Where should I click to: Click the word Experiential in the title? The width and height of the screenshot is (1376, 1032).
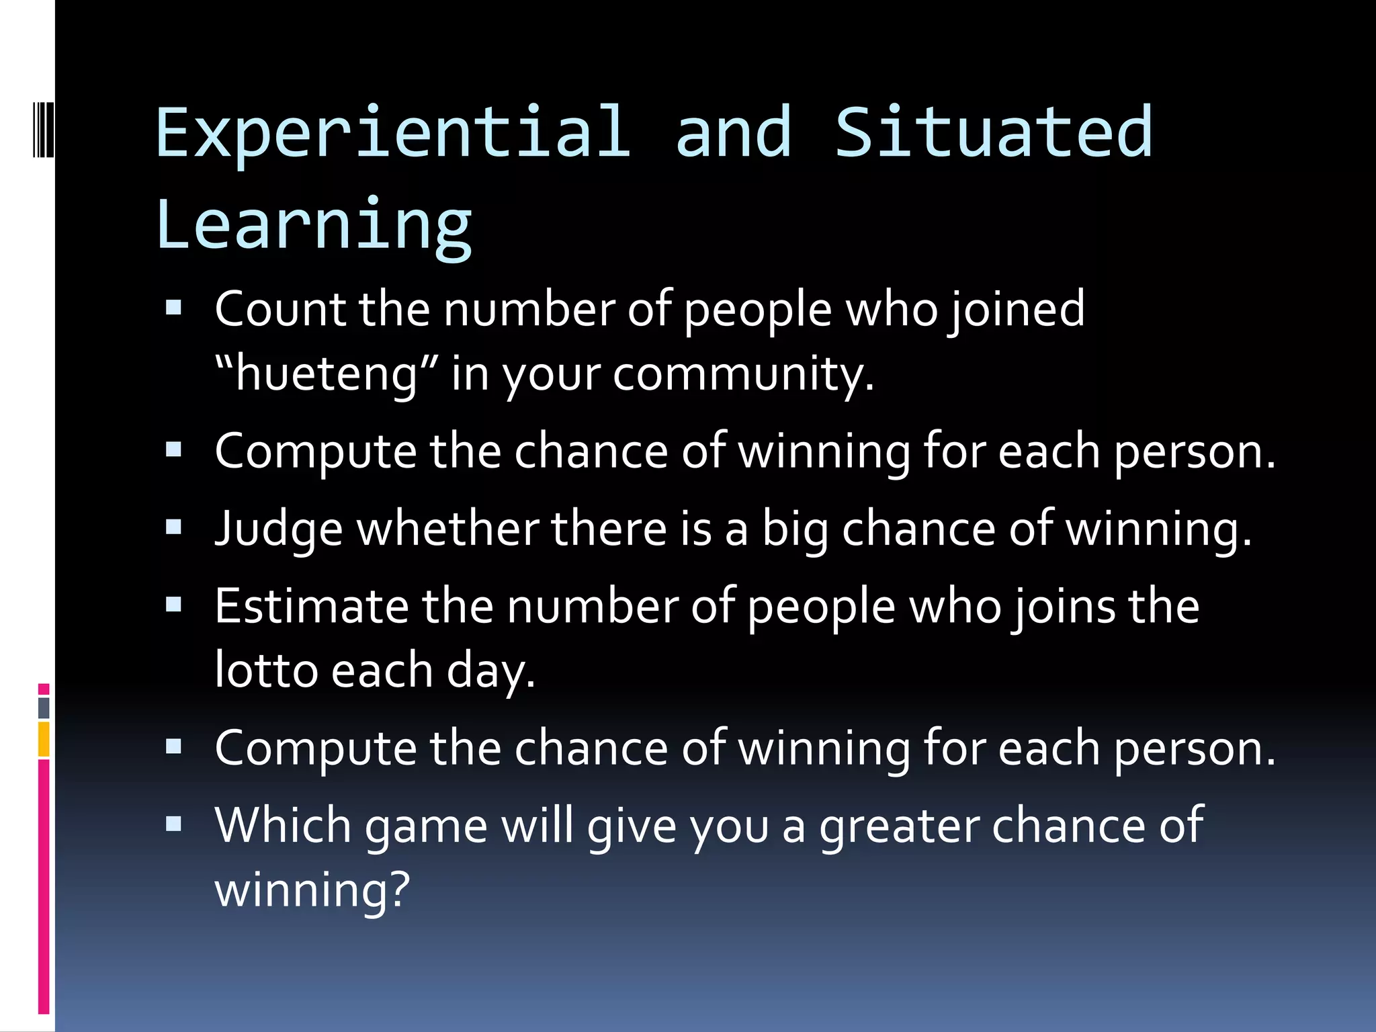[x=393, y=132]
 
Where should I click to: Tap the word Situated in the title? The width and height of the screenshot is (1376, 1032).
[x=994, y=132]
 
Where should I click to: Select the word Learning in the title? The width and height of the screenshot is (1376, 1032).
[x=314, y=224]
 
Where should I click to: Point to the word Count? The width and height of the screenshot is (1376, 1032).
[x=280, y=310]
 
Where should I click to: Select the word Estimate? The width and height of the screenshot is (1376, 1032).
[x=311, y=607]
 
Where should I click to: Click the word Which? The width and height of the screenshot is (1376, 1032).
[x=283, y=826]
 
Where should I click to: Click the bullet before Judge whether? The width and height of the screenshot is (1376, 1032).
[x=174, y=527]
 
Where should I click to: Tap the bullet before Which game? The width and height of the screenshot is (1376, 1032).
[x=174, y=824]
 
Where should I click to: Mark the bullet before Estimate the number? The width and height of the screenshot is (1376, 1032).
[x=174, y=605]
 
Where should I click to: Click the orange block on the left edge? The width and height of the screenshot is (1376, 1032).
[x=44, y=739]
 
